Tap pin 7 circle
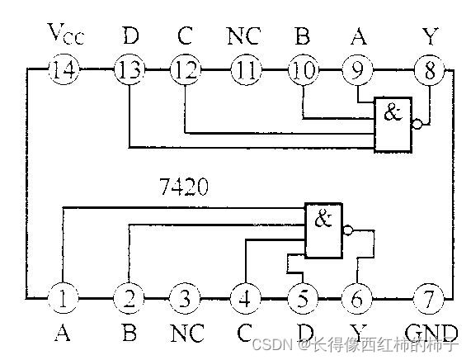429,296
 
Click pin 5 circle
301,296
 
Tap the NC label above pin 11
244,37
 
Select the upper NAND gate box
393,124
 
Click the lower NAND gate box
323,231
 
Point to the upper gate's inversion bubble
419,125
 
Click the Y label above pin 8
428,37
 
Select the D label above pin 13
130,37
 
